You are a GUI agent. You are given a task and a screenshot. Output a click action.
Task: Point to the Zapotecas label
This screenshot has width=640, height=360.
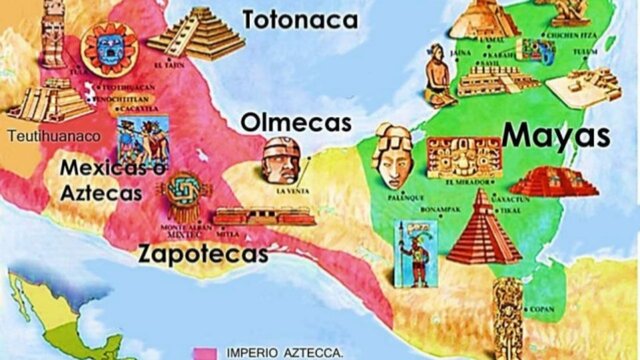204,253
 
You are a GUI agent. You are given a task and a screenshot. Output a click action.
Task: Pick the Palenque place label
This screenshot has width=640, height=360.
399,198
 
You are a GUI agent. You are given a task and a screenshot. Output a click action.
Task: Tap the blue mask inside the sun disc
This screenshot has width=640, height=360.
107,45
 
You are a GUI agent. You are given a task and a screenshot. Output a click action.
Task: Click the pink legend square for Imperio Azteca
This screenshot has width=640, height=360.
206,353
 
